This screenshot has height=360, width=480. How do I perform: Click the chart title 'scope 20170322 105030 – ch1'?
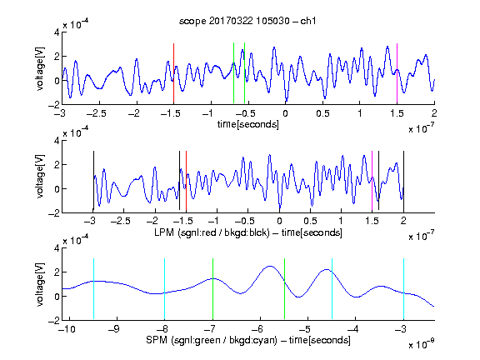pos(247,21)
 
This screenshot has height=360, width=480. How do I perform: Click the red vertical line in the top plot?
pos(173,73)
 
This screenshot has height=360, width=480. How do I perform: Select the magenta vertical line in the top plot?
pos(397,73)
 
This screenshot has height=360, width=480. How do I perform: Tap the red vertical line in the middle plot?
pos(186,182)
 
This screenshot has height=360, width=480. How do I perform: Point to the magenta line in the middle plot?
pos(372,182)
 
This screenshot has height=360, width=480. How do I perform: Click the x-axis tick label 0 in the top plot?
pos(285,113)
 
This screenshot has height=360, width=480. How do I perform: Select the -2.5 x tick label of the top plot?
pos(97,113)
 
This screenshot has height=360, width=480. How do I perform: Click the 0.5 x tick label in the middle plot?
pos(310,221)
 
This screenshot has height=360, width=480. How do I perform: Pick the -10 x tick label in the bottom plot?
pos(67,329)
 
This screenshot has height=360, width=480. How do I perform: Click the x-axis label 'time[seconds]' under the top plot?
pos(248,124)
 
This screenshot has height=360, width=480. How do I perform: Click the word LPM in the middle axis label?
pos(164,232)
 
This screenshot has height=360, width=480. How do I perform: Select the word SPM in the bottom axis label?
pos(157,340)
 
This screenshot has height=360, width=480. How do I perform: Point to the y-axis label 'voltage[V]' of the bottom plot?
pos(40,284)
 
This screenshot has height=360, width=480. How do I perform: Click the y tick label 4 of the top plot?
pos(57,32)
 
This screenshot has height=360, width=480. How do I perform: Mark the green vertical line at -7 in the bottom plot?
pos(212,289)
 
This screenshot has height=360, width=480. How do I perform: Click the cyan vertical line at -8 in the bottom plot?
pos(165,289)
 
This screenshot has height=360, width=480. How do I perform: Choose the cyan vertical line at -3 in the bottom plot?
pos(404,289)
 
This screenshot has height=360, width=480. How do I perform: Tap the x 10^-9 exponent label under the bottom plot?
pos(422,344)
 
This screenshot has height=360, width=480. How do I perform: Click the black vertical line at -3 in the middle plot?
pos(93,182)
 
